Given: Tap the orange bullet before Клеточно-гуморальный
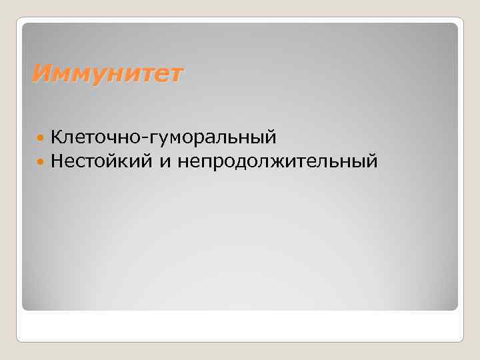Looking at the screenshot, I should point(41,138).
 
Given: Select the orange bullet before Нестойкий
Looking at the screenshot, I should point(41,161).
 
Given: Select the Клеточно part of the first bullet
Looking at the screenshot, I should point(100,138).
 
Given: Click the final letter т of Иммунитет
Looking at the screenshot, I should point(175,73).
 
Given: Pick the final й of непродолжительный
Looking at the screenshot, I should point(371,161).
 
